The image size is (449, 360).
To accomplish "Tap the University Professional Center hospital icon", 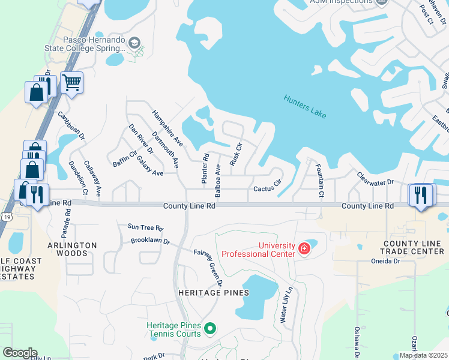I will (x=304, y=248).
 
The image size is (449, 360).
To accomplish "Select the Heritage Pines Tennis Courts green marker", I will (x=209, y=328).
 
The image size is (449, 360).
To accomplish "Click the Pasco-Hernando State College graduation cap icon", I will (x=135, y=43).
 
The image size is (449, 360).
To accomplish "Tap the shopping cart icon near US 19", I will (x=71, y=83).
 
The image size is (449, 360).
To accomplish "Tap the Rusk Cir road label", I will (x=235, y=154).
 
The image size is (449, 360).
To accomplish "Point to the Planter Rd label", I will (x=205, y=169).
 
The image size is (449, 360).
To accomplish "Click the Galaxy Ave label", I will (x=150, y=166).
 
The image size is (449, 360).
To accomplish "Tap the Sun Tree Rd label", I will (x=145, y=228).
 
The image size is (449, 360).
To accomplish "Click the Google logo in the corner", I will (x=20, y=353).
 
